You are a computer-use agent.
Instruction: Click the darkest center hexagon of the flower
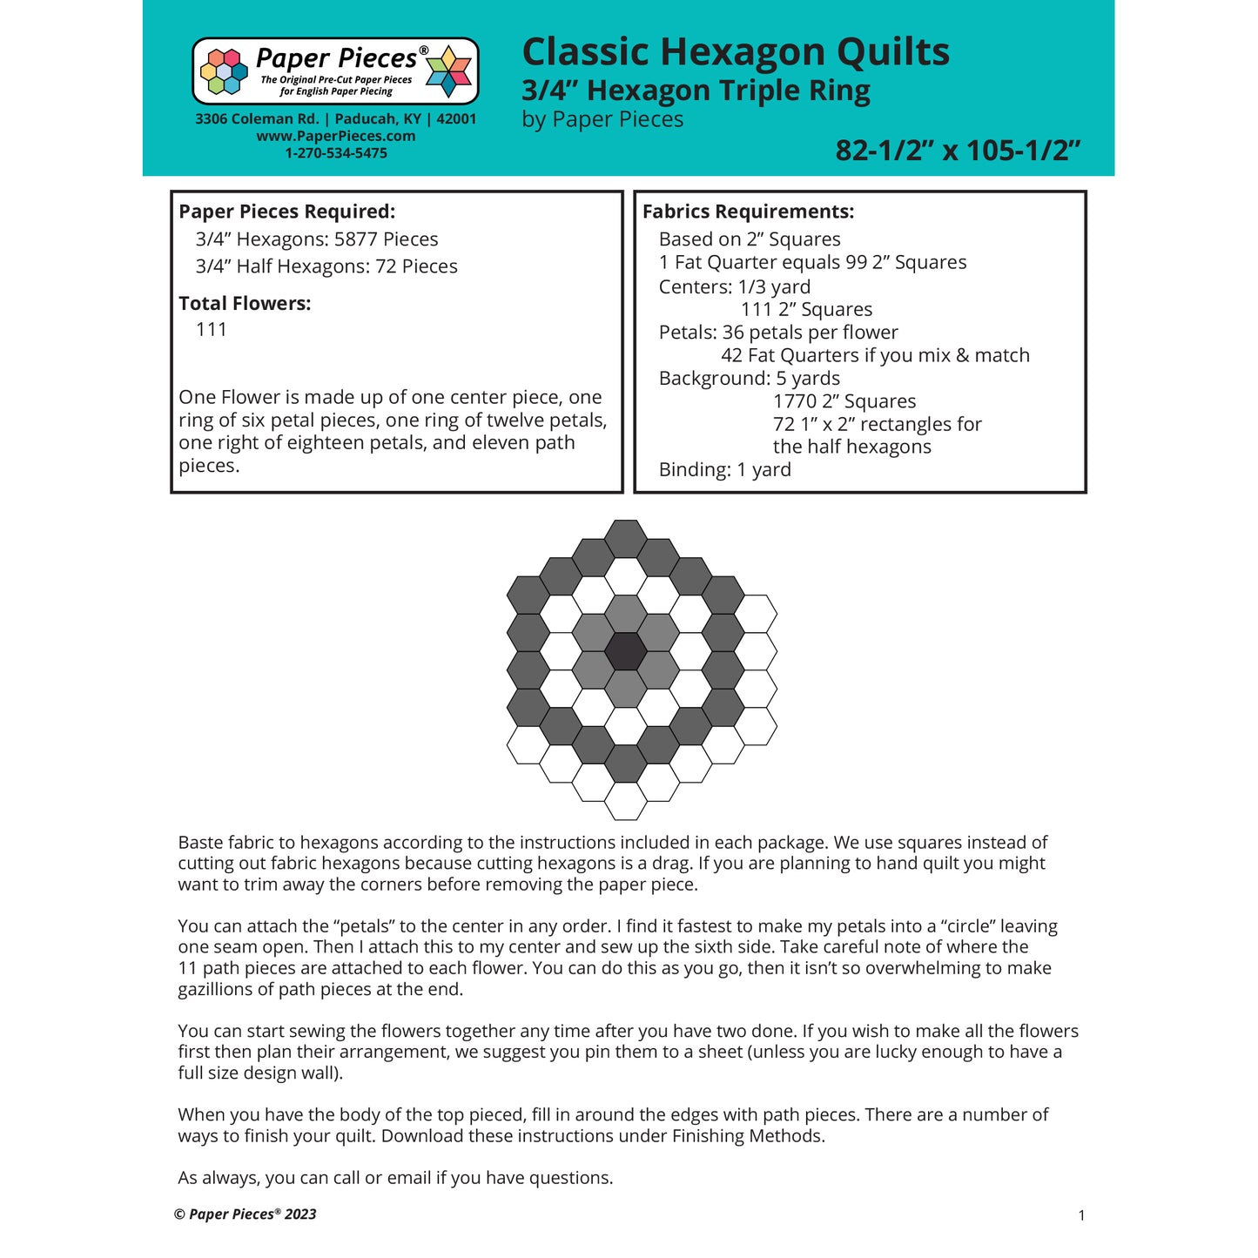(x=625, y=651)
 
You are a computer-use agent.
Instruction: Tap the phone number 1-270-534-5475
(x=336, y=153)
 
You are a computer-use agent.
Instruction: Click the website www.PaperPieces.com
(x=336, y=136)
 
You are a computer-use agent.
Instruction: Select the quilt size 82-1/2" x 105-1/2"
(x=958, y=151)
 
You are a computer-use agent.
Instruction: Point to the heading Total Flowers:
(x=245, y=303)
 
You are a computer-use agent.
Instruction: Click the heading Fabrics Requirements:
(x=748, y=212)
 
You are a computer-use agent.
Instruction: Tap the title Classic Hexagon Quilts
(x=736, y=51)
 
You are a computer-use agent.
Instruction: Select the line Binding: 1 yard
(x=724, y=470)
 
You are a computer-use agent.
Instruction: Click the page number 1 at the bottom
(x=1081, y=1215)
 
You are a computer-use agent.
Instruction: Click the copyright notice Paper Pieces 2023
(x=246, y=1214)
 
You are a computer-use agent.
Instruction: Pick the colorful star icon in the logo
(x=448, y=71)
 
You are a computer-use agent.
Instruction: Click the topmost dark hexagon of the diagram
(x=625, y=539)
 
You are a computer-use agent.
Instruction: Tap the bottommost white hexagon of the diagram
(x=625, y=801)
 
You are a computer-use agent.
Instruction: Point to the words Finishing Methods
(x=748, y=1136)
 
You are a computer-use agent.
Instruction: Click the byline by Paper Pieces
(x=602, y=119)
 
